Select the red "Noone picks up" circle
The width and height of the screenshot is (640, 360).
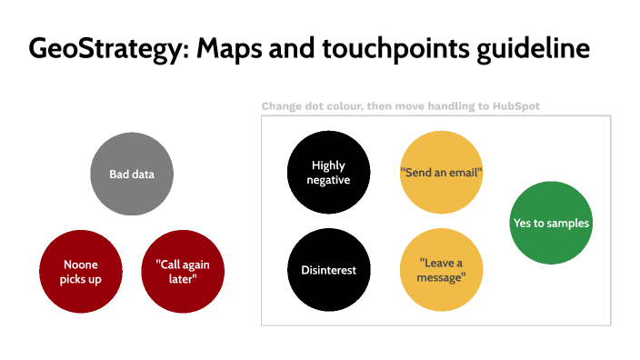tap(81, 271)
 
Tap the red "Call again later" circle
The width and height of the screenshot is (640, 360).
tap(183, 271)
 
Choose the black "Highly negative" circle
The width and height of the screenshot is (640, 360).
tap(329, 172)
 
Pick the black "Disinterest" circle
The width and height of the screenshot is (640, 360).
tap(329, 270)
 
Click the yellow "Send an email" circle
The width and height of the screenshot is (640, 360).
tap(441, 172)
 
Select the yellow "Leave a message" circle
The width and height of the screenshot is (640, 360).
tap(442, 270)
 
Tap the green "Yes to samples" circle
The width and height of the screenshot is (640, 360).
tap(551, 223)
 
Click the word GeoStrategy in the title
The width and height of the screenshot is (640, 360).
tap(95, 48)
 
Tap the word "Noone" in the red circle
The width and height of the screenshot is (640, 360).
tap(81, 265)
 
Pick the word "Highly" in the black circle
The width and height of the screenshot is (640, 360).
tap(329, 165)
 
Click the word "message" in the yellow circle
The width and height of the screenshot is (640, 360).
tap(442, 277)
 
